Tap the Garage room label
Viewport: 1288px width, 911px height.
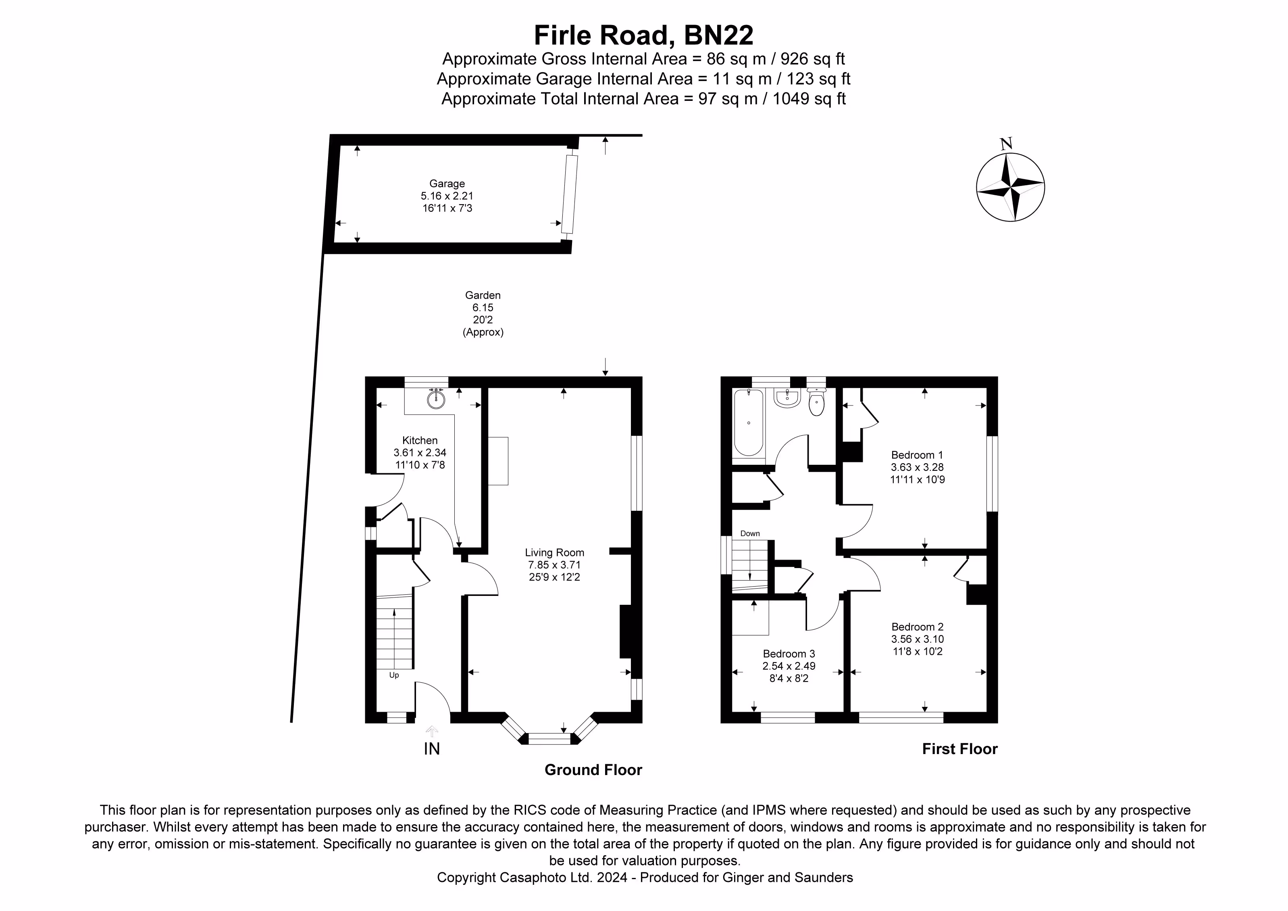click(447, 184)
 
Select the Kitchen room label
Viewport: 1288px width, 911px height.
click(420, 441)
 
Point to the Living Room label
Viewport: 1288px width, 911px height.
click(554, 553)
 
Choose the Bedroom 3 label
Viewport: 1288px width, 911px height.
click(789, 654)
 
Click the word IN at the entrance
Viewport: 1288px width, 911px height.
click(432, 749)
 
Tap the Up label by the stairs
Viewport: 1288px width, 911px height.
click(394, 675)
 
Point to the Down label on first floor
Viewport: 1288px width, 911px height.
click(750, 534)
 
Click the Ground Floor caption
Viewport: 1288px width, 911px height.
click(593, 770)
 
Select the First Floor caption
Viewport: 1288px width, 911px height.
click(960, 749)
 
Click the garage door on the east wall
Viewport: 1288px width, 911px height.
click(570, 194)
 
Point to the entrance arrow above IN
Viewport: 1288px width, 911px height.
click(431, 731)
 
